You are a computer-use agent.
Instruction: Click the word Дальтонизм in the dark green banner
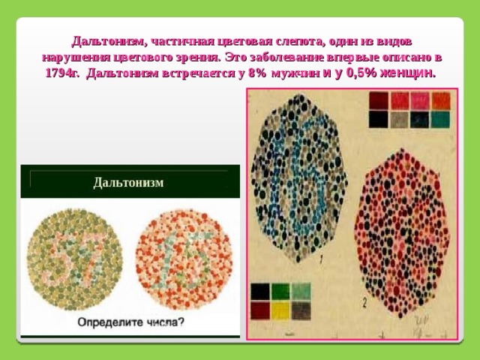pyautogui.click(x=128, y=183)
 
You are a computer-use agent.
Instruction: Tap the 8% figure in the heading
pyautogui.click(x=257, y=73)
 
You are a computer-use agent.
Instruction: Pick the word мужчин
pyautogui.click(x=296, y=73)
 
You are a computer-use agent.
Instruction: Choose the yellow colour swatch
pyautogui.click(x=280, y=310)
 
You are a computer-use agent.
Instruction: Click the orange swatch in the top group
pyautogui.click(x=441, y=100)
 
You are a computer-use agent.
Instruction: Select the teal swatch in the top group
pyautogui.click(x=440, y=119)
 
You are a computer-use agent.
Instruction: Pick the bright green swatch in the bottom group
pyautogui.click(x=280, y=292)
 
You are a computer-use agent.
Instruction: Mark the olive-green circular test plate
pyautogui.click(x=75, y=259)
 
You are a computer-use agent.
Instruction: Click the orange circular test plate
pyautogui.click(x=184, y=259)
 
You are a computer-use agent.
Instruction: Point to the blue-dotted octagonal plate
pyautogui.click(x=299, y=178)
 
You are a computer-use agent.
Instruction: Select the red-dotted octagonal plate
pyautogui.click(x=402, y=233)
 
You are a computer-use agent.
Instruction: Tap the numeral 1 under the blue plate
pyautogui.click(x=321, y=259)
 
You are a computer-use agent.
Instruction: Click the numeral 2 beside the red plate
pyautogui.click(x=364, y=303)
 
